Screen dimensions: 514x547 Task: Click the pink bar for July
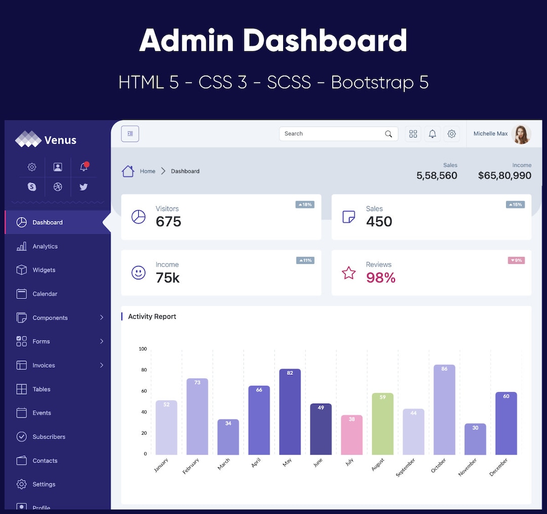point(351,435)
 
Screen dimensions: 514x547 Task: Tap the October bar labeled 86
point(444,410)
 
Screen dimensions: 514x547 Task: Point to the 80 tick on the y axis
point(144,370)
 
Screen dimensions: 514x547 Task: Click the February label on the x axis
point(191,466)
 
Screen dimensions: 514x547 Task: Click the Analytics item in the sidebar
point(45,246)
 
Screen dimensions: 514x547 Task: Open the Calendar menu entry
point(45,294)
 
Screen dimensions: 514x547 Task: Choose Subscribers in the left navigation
point(49,437)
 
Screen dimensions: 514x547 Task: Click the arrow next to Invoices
point(101,365)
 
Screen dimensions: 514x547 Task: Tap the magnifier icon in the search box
point(388,134)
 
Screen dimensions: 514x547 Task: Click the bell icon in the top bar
point(433,134)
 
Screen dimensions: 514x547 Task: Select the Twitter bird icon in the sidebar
point(84,187)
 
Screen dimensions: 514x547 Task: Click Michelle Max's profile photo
point(521,134)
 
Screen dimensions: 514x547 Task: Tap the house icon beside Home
point(128,171)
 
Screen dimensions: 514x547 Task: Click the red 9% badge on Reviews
point(516,261)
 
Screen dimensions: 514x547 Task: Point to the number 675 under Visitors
point(168,222)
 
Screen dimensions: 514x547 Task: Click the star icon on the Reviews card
point(348,273)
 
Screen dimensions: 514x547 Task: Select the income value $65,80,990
point(504,176)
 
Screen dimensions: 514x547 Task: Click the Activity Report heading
point(152,317)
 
